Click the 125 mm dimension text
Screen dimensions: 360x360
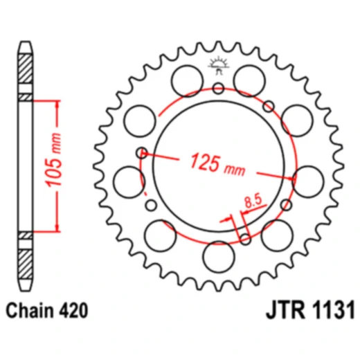pos(217,164)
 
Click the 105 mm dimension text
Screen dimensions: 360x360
pos(53,160)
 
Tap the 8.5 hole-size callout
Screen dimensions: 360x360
pos(253,201)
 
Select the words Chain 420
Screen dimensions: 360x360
pos(47,310)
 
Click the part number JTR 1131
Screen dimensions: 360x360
pos(310,309)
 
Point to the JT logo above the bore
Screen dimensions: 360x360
pos(218,66)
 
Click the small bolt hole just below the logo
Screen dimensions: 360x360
pos(218,88)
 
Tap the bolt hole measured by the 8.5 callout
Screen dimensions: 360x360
pos(245,239)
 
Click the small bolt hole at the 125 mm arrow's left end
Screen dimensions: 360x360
pos(142,152)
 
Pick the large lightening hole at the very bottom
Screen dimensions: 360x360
pos(219,257)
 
